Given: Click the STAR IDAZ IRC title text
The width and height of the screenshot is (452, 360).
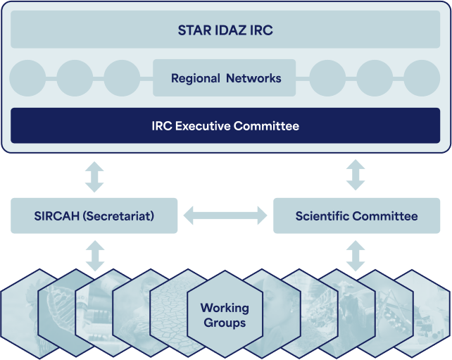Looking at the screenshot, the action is point(225,30).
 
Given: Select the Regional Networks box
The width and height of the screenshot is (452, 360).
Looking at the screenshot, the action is point(225,78).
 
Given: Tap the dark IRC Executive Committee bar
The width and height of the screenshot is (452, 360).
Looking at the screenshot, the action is point(225,126).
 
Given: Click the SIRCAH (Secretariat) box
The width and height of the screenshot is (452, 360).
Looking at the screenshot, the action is point(94,216).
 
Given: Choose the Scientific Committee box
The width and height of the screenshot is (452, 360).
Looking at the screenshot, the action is point(356,216).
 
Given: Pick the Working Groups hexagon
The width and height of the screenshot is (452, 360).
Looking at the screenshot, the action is point(225,314).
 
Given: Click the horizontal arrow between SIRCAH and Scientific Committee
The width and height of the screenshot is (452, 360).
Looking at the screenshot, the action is point(225,216).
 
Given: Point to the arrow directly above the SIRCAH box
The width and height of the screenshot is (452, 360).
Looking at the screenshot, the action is point(94,177).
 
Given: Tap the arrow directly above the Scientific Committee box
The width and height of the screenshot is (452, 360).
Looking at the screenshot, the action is point(356,175).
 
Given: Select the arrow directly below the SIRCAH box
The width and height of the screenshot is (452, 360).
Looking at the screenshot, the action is point(95,256).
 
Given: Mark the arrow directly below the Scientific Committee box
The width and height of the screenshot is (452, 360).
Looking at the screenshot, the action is point(356,256).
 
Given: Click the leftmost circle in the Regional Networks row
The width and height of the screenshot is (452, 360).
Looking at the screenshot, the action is point(27,78).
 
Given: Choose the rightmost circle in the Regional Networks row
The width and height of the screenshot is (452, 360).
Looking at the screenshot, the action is point(422,78).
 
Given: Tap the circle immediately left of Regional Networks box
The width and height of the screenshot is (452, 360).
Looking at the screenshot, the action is point(122,78).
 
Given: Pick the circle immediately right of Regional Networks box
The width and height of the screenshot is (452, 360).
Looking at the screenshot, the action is point(327,78).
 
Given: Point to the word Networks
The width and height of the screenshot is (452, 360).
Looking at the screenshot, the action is point(253,78).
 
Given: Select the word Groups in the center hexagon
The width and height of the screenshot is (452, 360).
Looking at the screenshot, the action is point(225,323).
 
